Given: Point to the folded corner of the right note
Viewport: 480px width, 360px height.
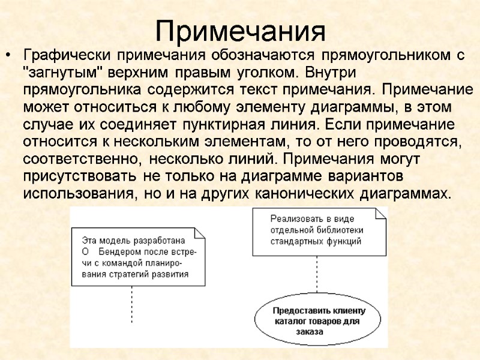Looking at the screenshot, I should point(379,213).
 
